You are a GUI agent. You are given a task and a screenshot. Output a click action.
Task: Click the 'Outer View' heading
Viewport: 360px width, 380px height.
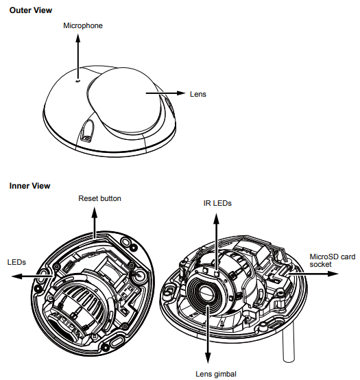tap(31, 10)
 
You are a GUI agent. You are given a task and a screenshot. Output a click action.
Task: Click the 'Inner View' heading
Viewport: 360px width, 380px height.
tap(29, 186)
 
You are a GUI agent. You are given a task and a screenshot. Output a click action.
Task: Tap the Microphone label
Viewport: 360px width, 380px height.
tap(83, 25)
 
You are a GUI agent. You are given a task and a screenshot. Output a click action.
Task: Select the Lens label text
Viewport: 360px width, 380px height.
tap(198, 94)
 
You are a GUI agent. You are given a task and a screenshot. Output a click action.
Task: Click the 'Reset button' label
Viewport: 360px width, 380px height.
tap(99, 198)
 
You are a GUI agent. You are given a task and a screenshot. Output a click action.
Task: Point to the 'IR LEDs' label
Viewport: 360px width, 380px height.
tap(217, 203)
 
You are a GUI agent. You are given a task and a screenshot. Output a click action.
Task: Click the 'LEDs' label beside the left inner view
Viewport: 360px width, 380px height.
tap(16, 262)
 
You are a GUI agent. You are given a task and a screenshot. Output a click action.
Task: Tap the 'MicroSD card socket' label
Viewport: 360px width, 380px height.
tap(333, 260)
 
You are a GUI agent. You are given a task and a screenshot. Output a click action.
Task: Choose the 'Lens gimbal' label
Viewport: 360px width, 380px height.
tap(216, 374)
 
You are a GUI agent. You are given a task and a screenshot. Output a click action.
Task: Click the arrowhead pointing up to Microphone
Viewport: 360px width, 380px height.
tap(77, 38)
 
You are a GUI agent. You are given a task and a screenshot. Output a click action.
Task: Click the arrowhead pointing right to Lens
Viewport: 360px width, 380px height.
tap(181, 93)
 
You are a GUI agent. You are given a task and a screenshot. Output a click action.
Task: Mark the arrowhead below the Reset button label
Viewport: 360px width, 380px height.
tap(95, 213)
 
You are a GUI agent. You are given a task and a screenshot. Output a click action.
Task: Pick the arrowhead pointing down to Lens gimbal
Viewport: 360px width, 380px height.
tap(208, 358)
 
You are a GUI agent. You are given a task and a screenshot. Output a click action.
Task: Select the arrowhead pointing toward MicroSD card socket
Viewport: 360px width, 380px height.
tap(333, 274)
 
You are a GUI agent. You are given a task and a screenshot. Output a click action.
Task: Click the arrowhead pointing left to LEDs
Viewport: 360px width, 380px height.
tap(17, 276)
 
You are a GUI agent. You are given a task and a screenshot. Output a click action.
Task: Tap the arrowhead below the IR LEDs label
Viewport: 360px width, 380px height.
tap(216, 219)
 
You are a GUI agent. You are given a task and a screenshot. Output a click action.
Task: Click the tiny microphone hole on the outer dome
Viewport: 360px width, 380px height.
tap(77, 81)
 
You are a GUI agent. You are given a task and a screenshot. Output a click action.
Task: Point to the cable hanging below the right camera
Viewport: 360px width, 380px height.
tap(289, 341)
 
